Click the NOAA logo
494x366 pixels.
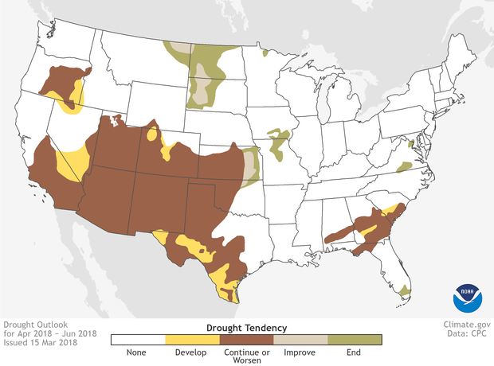[x=468, y=296]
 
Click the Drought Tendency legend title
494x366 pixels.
[x=246, y=327]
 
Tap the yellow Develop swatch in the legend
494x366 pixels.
[x=192, y=340]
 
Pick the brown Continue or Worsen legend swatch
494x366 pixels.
[x=246, y=340]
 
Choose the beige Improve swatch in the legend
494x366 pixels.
[x=300, y=340]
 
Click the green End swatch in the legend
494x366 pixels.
[x=355, y=340]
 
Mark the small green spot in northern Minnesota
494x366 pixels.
[x=265, y=53]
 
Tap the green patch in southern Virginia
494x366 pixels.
[x=404, y=165]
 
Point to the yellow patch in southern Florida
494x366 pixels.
[x=405, y=291]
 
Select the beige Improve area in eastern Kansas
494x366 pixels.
[x=252, y=165]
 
